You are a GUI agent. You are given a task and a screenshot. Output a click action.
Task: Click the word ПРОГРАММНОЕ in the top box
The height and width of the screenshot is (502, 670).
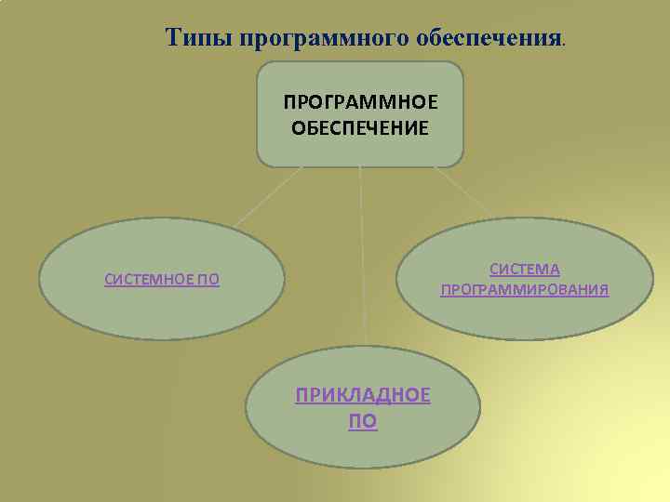click(x=360, y=100)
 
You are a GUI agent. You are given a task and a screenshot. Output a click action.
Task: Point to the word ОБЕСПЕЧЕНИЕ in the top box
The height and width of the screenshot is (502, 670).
click(x=360, y=127)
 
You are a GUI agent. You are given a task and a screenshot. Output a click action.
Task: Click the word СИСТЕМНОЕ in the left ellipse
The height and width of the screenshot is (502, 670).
click(x=149, y=280)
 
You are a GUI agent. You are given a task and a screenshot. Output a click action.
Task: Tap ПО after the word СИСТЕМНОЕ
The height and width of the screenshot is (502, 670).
click(x=208, y=280)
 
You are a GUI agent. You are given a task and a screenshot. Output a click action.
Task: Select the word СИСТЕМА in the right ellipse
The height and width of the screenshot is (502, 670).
click(x=525, y=270)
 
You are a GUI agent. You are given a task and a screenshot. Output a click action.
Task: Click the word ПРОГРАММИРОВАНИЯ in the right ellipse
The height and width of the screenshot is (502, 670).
click(x=525, y=290)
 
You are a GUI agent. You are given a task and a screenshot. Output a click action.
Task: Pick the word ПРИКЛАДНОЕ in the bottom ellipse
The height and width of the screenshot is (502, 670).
click(x=363, y=395)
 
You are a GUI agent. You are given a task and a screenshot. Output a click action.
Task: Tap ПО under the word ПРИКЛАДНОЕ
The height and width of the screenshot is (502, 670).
click(x=363, y=421)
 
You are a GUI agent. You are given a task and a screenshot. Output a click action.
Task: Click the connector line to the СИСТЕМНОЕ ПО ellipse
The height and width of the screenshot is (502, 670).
click(x=269, y=196)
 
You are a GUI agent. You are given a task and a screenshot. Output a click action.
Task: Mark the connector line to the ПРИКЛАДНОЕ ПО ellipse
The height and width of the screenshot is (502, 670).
click(x=362, y=260)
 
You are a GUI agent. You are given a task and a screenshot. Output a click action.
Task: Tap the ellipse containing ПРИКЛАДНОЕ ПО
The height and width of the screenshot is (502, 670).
click(x=363, y=451)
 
